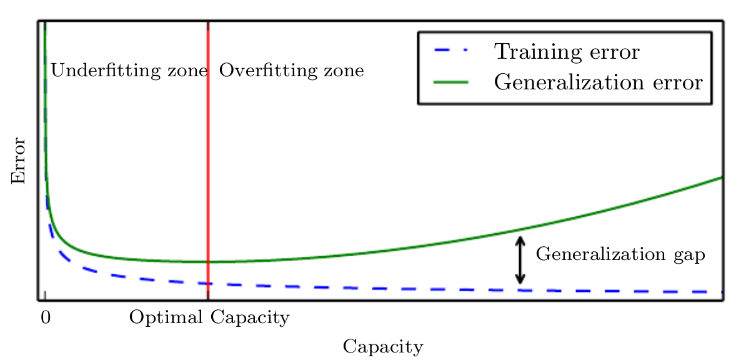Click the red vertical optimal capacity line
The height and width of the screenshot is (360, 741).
tap(207, 156)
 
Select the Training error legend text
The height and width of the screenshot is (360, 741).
tap(567, 51)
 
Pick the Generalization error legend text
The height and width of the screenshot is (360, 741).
tap(599, 82)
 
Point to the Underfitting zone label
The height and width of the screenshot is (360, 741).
tap(128, 71)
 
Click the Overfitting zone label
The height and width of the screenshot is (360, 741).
tap(291, 71)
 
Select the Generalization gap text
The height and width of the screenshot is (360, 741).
tap(620, 255)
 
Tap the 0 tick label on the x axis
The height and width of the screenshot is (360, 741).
tap(45, 317)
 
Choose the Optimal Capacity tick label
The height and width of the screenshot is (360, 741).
tap(209, 317)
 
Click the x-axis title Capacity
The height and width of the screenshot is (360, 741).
tap(382, 346)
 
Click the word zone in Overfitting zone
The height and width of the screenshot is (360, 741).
tap(344, 71)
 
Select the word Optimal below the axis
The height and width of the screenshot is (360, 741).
tap(166, 317)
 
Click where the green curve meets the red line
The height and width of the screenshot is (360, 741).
tap(207, 262)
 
